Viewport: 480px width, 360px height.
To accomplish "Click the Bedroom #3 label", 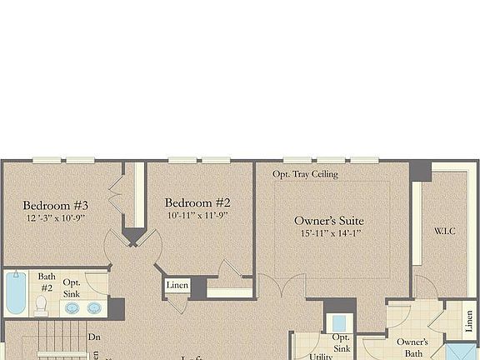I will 56,205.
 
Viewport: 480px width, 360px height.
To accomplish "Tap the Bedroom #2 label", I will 197,202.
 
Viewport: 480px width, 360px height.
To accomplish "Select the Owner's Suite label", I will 329,221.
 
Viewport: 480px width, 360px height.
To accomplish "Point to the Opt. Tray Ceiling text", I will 305,174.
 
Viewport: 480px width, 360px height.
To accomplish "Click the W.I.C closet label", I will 445,230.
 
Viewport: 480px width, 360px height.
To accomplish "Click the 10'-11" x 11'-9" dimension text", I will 197,215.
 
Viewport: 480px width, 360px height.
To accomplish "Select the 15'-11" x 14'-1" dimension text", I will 329,234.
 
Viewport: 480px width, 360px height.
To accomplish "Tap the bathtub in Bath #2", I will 15,294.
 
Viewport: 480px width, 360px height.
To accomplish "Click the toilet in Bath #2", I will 40,306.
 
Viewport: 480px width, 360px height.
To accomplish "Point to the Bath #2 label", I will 47,282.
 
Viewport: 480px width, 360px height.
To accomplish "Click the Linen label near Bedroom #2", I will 177,286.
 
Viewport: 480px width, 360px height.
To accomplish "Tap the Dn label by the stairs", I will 93,337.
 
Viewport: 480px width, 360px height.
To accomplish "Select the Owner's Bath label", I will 412,347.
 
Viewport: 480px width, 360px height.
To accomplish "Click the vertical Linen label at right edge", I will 469,320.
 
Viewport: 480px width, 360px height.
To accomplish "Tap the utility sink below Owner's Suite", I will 338,322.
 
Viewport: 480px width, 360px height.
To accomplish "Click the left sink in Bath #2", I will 72,307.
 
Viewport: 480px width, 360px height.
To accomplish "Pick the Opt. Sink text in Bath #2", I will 72,288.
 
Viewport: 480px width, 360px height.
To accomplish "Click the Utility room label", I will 321,356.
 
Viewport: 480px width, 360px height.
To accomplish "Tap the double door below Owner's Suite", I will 282,287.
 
